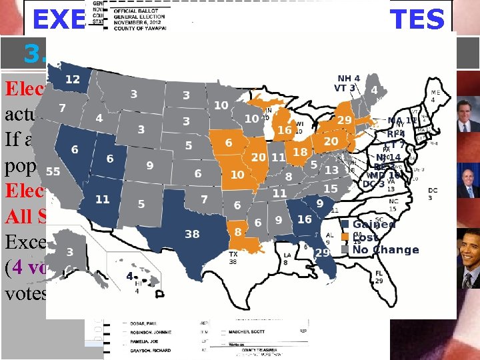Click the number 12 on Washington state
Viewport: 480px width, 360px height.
(73, 80)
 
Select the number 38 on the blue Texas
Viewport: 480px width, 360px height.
(191, 234)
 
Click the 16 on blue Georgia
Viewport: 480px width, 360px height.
(305, 219)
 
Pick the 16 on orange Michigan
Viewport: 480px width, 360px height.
(285, 130)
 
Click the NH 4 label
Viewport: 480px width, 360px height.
(349, 78)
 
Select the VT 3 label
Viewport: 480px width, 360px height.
(347, 88)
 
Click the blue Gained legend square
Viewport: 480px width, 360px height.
(345, 225)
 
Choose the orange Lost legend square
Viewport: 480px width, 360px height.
(345, 237)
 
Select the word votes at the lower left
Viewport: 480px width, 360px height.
(24, 293)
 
